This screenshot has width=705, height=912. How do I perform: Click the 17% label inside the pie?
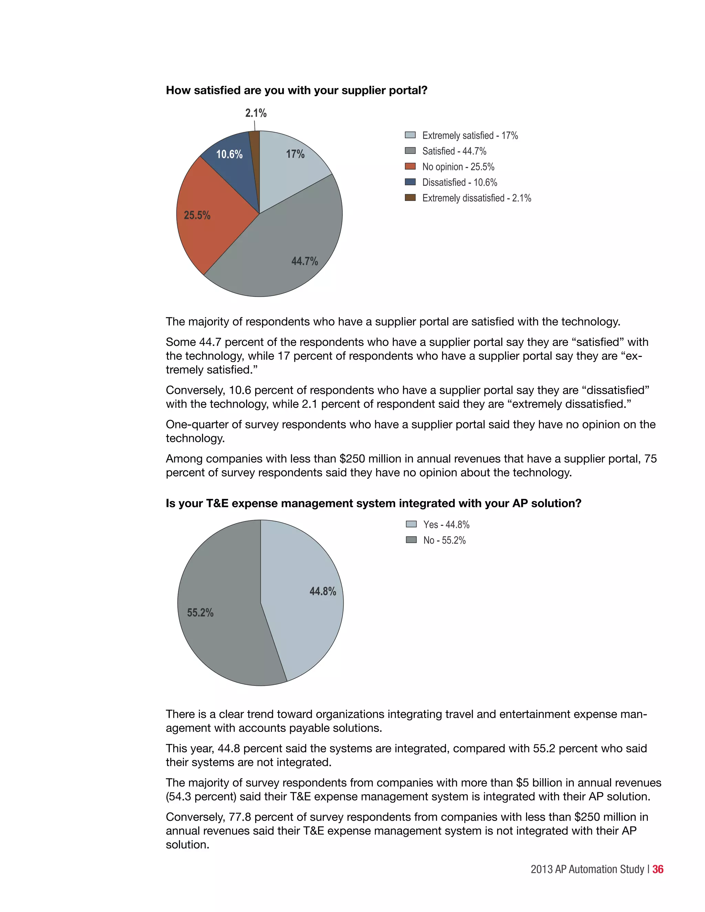click(295, 154)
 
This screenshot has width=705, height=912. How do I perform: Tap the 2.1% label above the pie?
click(256, 113)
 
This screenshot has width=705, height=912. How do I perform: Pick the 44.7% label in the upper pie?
click(304, 262)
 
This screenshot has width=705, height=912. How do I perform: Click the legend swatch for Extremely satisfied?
click(410, 135)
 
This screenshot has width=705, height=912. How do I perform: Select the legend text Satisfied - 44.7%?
click(454, 151)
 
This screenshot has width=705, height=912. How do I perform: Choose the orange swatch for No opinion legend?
click(410, 167)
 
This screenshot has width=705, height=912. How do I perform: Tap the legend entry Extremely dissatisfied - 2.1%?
click(476, 198)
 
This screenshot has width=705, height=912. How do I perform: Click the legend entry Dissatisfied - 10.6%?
click(460, 182)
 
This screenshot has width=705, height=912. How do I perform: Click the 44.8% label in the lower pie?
click(323, 591)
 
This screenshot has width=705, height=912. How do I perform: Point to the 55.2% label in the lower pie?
click(200, 613)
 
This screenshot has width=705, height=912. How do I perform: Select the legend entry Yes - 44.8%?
click(446, 524)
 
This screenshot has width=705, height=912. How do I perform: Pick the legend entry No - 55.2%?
click(444, 540)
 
